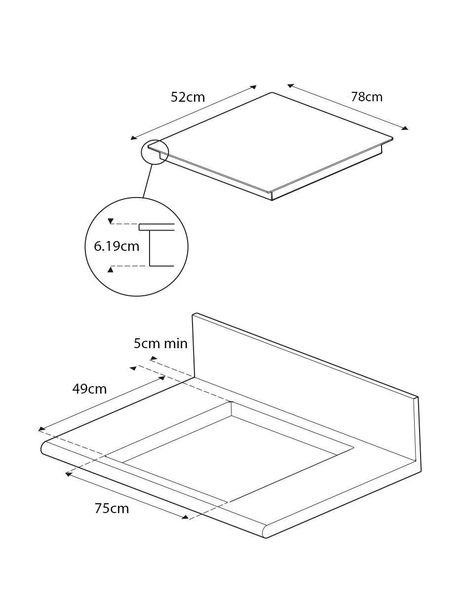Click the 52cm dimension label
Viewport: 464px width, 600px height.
(188, 97)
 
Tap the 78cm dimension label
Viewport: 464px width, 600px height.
(367, 97)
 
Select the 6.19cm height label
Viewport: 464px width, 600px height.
(116, 246)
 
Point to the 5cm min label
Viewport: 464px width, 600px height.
(160, 344)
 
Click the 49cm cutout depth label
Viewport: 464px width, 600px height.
(89, 389)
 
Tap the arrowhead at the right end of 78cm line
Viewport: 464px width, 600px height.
(405, 128)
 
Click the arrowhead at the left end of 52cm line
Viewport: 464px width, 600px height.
(134, 138)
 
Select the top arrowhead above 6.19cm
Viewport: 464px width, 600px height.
(111, 221)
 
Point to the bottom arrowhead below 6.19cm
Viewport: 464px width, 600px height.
(111, 269)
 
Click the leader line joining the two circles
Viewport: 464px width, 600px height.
(147, 181)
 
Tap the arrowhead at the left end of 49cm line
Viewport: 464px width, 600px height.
(41, 429)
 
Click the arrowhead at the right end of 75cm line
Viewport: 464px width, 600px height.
(186, 517)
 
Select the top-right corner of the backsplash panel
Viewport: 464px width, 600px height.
(418, 397)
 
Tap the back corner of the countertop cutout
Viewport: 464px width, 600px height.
(231, 402)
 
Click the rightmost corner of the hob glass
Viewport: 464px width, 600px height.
(392, 138)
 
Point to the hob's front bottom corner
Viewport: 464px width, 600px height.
(272, 200)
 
